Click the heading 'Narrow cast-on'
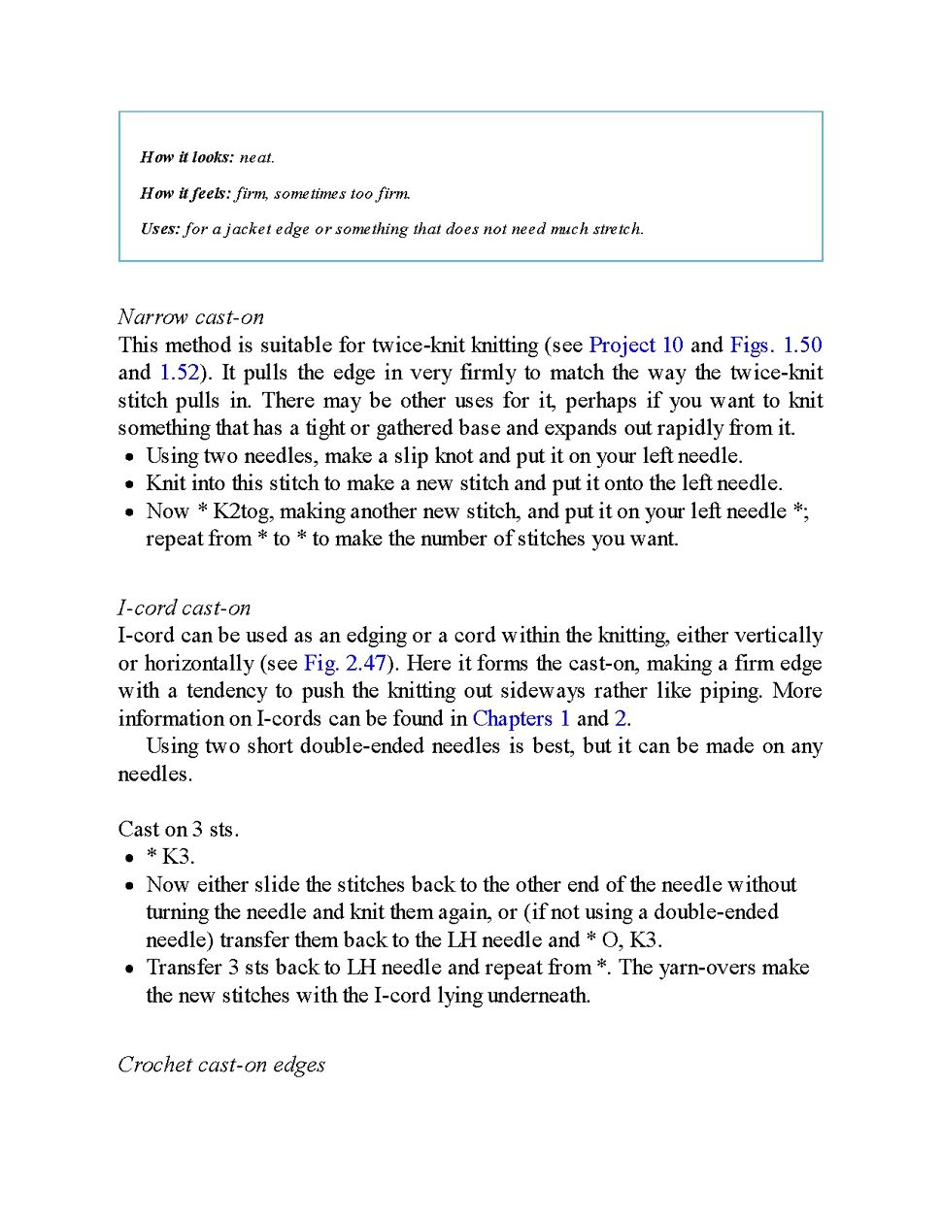[190, 317]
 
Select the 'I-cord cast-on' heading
[184, 609]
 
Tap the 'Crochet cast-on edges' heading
[221, 1065]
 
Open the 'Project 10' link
[636, 346]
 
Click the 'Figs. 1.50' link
[775, 346]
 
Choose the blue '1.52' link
[179, 373]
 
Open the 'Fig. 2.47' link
[345, 664]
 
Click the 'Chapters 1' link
[521, 719]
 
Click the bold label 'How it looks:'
[186, 157]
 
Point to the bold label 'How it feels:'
[185, 193]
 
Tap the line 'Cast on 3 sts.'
[178, 830]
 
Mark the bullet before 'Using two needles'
[129, 457]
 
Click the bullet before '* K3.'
[129, 858]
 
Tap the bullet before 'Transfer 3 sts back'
[129, 969]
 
